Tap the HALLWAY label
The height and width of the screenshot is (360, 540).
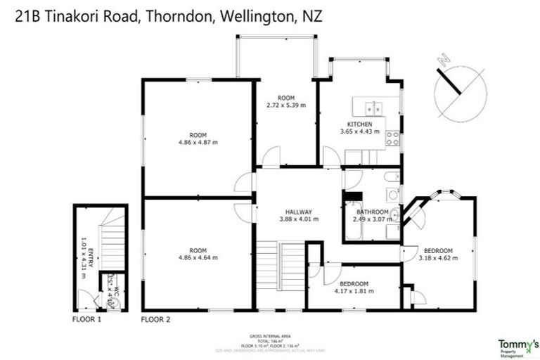point(299,212)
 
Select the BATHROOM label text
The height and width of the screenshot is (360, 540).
point(372,212)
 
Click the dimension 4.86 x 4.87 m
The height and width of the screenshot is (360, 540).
point(198,142)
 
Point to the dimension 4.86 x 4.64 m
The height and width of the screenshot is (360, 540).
point(198,257)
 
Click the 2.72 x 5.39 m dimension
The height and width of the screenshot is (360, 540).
point(285,105)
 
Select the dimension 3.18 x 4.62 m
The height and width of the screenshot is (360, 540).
point(437,258)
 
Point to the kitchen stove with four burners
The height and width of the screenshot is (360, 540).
point(393,138)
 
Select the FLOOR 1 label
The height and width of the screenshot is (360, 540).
point(87,319)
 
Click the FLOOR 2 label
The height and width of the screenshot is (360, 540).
point(156,319)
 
